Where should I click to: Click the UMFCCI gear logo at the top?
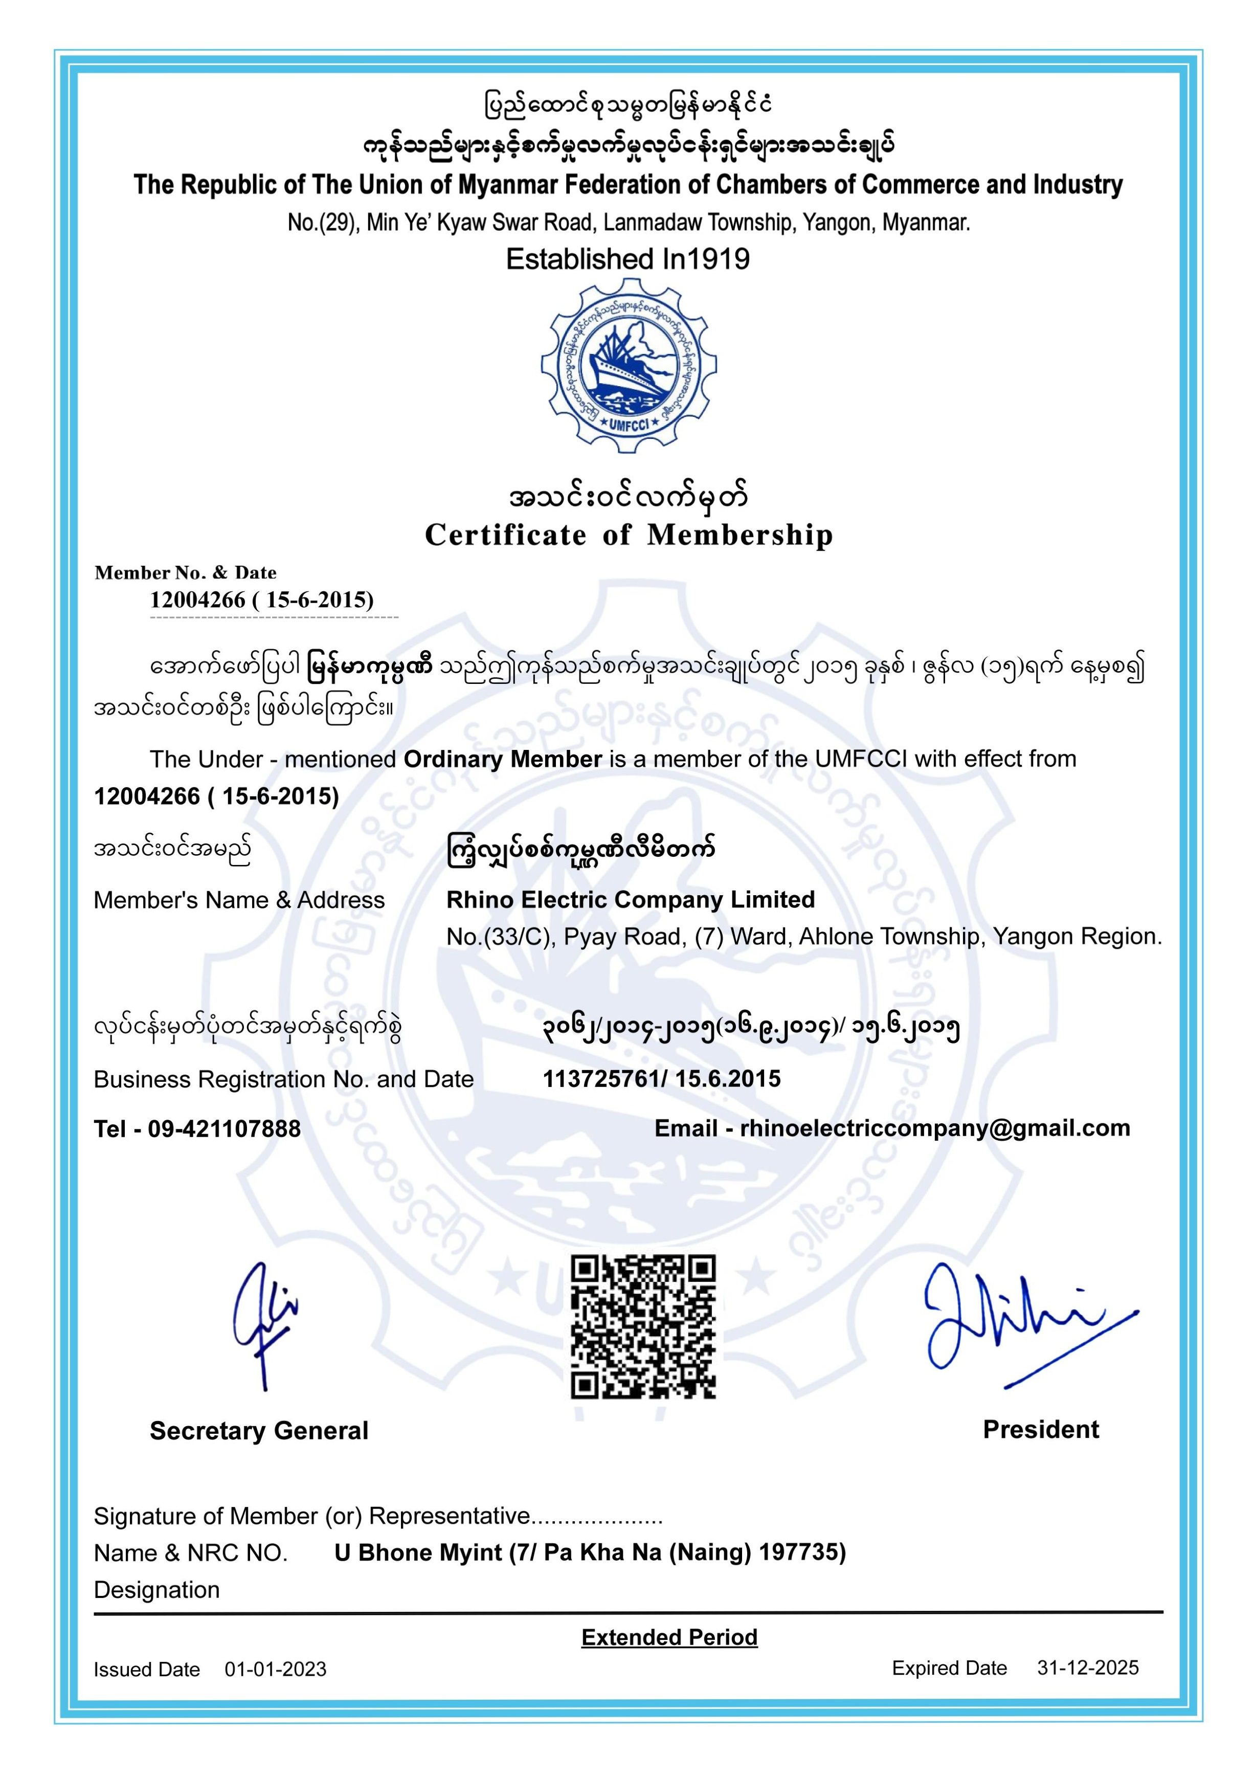tap(628, 366)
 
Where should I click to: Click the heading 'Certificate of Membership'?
tap(628, 535)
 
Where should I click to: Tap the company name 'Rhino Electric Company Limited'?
tap(631, 900)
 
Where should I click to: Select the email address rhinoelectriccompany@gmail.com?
tap(934, 1128)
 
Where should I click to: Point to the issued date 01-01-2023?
tap(276, 1669)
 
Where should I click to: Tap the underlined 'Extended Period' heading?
tap(669, 1637)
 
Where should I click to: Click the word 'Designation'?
tap(156, 1590)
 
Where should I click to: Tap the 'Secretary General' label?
tap(259, 1431)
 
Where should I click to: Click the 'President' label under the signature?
tap(1041, 1430)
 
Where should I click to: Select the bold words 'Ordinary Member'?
tap(502, 759)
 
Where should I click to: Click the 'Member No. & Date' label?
tap(185, 573)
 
